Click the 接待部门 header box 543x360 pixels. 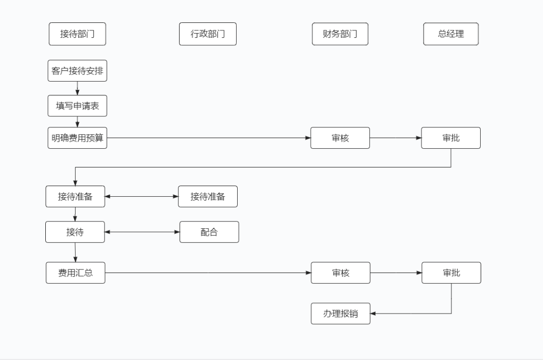tap(77, 34)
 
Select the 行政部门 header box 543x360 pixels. tap(208, 34)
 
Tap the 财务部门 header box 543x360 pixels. tap(340, 34)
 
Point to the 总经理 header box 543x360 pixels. tap(451, 34)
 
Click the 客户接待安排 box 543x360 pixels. tap(77, 71)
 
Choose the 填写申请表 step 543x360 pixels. tap(77, 106)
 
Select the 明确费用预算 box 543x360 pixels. tap(77, 138)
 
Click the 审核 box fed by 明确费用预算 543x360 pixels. tap(340, 138)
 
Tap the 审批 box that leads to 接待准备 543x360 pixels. tap(451, 138)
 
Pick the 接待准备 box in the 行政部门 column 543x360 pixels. tap(208, 196)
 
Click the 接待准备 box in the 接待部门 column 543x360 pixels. tap(75, 196)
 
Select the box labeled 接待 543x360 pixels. tap(75, 232)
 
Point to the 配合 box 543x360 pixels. tap(209, 232)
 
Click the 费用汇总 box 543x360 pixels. tap(75, 273)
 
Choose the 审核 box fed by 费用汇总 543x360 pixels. tap(340, 273)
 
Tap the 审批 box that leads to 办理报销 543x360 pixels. tap(451, 273)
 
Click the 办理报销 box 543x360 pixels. tap(341, 314)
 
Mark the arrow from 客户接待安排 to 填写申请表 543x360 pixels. tap(77, 89)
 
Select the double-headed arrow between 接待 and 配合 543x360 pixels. tap(142, 232)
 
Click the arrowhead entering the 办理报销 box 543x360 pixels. tap(374, 314)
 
